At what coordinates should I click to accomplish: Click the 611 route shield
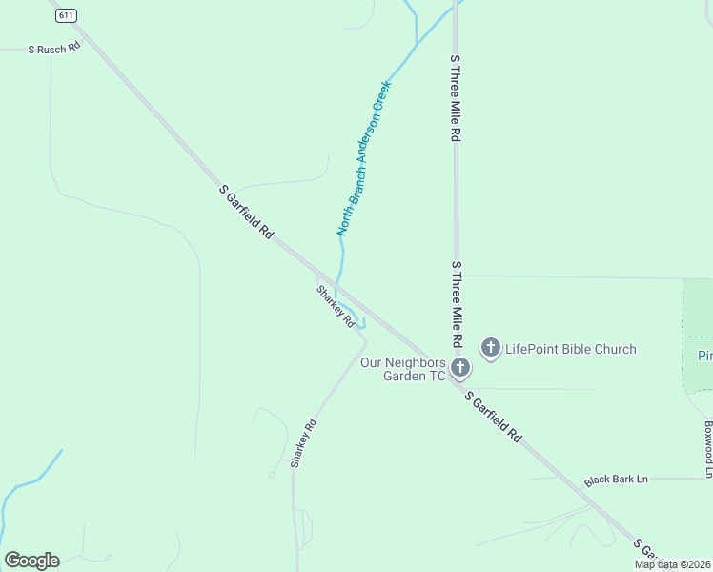tap(65, 16)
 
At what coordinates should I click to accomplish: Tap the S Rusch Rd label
tap(54, 48)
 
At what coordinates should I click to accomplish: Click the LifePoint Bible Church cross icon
tap(491, 348)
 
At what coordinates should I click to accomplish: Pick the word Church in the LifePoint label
tap(614, 349)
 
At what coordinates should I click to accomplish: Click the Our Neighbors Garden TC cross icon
tap(460, 368)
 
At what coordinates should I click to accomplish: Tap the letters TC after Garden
tap(437, 376)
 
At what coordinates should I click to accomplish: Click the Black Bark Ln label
tap(616, 479)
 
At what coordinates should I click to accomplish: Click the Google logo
tap(31, 561)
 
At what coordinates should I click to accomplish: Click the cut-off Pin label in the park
tap(704, 356)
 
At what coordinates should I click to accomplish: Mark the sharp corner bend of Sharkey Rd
tap(366, 337)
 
